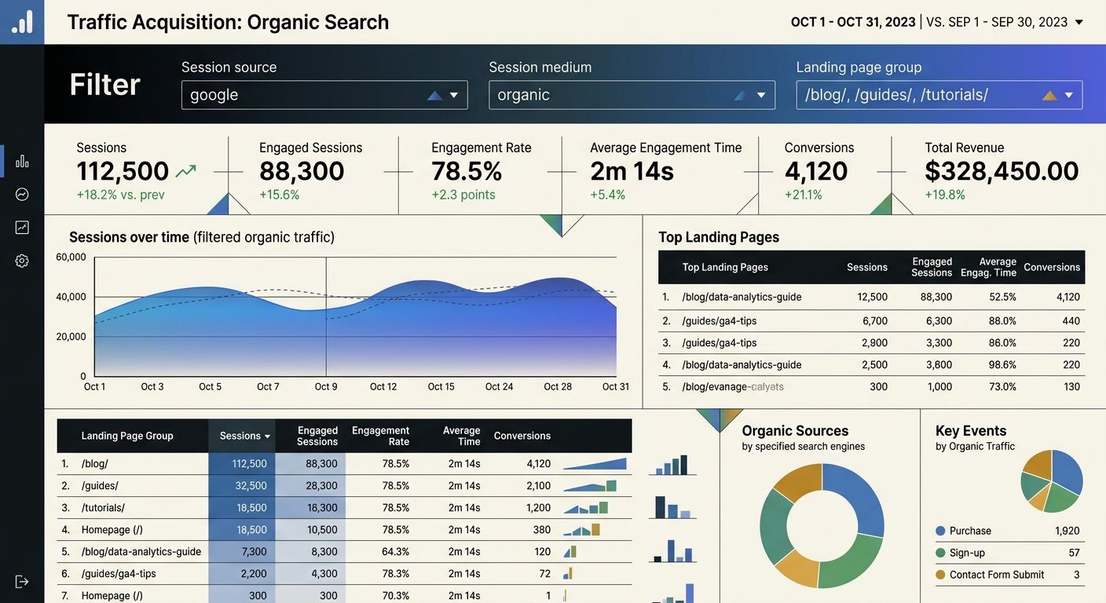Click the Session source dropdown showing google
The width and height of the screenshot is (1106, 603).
click(x=324, y=95)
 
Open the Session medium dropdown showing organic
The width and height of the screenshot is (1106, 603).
click(x=631, y=95)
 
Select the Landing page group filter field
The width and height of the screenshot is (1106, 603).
click(x=939, y=95)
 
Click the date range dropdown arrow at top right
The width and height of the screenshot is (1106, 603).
click(x=1079, y=22)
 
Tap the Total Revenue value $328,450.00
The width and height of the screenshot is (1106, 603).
click(x=1002, y=171)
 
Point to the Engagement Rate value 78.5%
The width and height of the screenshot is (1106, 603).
click(x=467, y=171)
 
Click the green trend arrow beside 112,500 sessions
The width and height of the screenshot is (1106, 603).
click(x=186, y=170)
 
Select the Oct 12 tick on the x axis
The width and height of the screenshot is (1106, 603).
click(x=383, y=386)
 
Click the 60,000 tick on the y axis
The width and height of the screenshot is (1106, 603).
click(x=71, y=257)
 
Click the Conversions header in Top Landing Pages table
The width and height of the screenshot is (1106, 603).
click(x=1052, y=267)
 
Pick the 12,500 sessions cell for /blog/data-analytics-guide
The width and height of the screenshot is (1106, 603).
click(x=873, y=297)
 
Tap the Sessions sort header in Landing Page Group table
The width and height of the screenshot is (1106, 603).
click(x=244, y=436)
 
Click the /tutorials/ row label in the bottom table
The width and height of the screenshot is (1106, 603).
click(x=103, y=508)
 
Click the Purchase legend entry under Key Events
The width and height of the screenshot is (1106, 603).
click(x=970, y=531)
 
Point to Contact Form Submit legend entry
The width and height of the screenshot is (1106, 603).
click(x=996, y=575)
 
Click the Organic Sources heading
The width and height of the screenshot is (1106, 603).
click(x=795, y=430)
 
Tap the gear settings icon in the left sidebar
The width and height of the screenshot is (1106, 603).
click(x=22, y=261)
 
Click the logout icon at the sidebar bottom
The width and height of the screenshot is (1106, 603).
click(x=22, y=581)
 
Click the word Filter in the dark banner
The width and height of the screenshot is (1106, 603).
click(x=104, y=84)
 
